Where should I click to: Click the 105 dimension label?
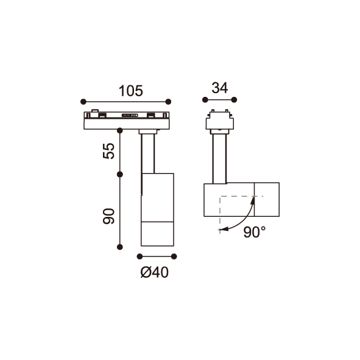(130, 91)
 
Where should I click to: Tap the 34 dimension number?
(220, 88)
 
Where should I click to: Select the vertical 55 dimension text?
(108, 151)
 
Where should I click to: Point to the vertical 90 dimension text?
(108, 216)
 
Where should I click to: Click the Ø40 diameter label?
(155, 272)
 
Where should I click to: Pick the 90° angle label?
(255, 232)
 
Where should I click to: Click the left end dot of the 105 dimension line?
(83, 102)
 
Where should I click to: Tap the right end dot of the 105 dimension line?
(168, 102)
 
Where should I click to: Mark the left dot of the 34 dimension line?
(205, 100)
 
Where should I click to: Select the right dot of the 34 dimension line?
(234, 100)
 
